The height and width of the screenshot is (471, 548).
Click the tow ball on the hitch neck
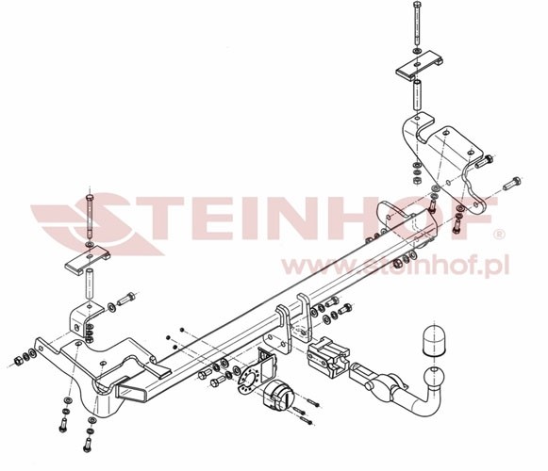[435, 378]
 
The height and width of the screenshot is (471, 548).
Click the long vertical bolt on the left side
[90, 215]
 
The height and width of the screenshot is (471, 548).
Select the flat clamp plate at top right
[419, 65]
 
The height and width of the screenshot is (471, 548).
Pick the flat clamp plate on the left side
[88, 260]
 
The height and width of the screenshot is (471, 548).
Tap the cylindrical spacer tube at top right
[417, 95]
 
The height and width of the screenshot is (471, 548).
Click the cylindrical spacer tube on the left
[90, 284]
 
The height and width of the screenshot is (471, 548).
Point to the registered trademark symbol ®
[500, 235]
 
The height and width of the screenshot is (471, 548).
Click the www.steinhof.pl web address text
[395, 266]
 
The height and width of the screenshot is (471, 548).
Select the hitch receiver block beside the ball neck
[328, 356]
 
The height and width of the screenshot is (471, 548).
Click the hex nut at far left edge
[18, 361]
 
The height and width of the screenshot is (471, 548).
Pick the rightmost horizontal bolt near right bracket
[512, 183]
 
